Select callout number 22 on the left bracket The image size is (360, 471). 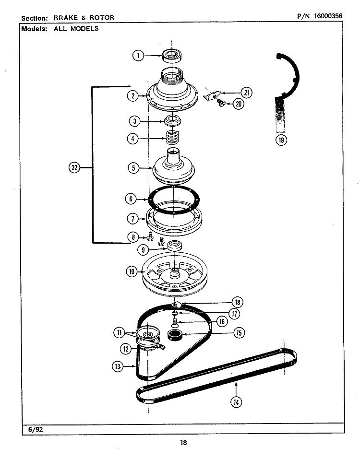[74, 167]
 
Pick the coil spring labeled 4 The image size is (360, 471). [171, 139]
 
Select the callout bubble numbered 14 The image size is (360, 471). [235, 402]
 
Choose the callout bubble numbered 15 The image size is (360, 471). [238, 332]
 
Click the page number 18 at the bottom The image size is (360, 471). [183, 443]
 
